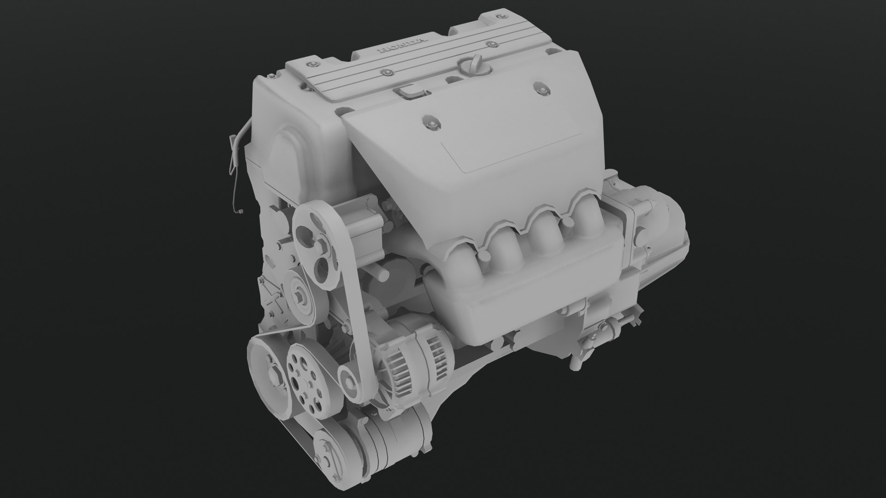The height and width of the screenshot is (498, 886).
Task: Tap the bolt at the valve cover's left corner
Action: tap(314, 63)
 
